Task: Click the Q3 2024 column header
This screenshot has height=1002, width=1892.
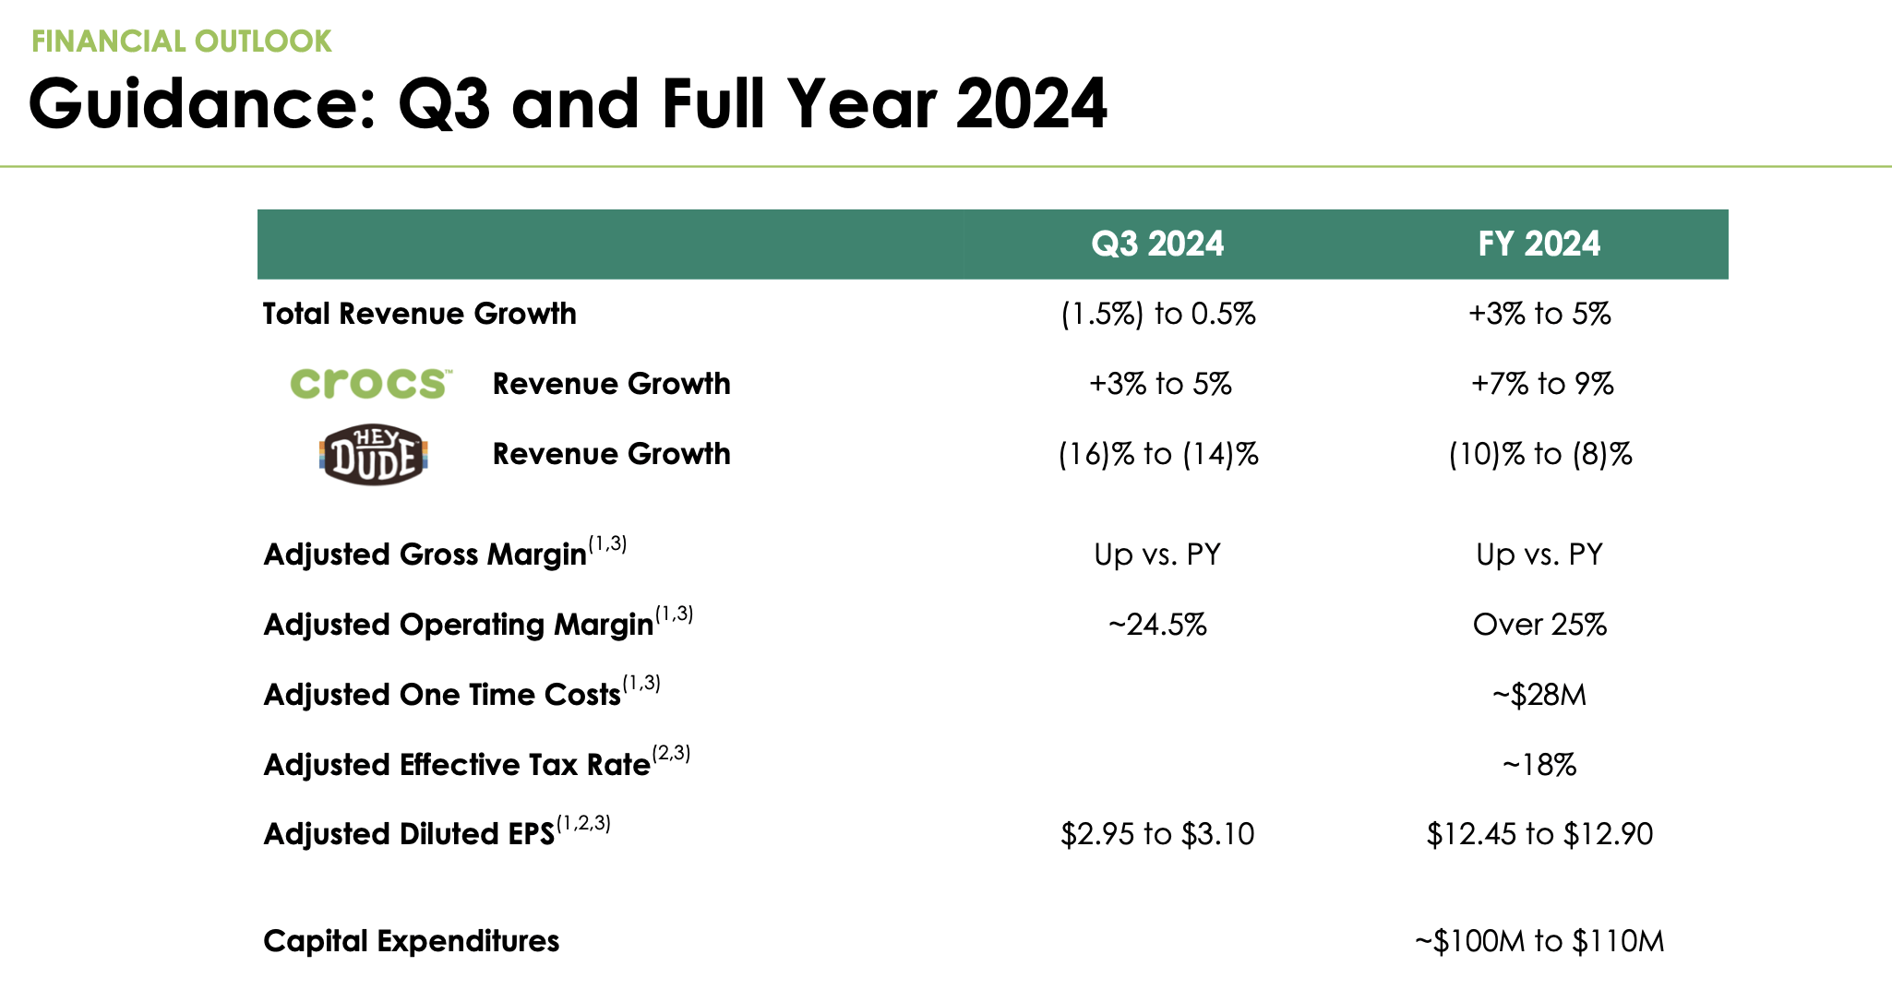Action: coord(1157,244)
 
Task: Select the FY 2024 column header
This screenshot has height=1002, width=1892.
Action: coord(1539,244)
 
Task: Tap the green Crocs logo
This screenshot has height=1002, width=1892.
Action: coord(370,383)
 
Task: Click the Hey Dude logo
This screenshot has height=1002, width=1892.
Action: coord(374,454)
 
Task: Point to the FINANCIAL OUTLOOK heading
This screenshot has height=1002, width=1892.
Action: coord(181,42)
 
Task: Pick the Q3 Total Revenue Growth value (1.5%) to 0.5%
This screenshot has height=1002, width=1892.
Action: coord(1157,314)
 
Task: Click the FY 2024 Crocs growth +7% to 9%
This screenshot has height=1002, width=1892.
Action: coord(1541,383)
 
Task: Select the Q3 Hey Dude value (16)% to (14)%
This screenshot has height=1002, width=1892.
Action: coord(1157,454)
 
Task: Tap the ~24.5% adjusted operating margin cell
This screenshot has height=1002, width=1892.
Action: coord(1157,625)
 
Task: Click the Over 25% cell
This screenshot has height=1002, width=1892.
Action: coord(1539,625)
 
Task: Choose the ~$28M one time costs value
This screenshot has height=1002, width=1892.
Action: coord(1539,695)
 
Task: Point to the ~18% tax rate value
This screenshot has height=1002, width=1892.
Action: coord(1539,765)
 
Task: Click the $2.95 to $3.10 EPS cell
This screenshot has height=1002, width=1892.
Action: coord(1157,834)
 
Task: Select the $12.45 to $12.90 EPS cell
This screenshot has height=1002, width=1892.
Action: coord(1539,834)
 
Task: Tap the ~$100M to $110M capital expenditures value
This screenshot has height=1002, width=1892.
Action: coord(1539,941)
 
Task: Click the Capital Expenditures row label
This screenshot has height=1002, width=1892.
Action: coord(411,941)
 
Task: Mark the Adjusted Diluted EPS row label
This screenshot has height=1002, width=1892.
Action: coord(409,834)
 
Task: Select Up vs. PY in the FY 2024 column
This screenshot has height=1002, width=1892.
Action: coord(1539,555)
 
